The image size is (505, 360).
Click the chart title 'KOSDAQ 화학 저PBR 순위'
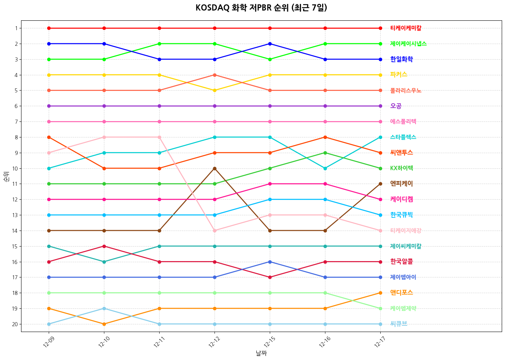[261, 8]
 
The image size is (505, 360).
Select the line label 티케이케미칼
[406, 28]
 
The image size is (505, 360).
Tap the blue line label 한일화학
[401, 59]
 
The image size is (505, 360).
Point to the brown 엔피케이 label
[401, 184]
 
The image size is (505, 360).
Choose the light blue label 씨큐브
[399, 324]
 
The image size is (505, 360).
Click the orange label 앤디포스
[401, 293]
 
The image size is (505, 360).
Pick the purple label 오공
[396, 106]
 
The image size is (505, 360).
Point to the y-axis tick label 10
[15, 168]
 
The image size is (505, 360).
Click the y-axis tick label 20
[15, 324]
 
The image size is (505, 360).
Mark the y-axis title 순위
[6, 176]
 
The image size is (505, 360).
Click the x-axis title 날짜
[261, 353]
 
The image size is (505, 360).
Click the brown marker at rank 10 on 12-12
[215, 168]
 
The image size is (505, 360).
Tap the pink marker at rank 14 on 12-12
[215, 231]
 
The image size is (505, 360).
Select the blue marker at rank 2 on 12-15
[270, 44]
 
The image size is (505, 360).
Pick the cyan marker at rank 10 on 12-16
[325, 168]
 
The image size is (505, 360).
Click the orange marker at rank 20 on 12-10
[104, 324]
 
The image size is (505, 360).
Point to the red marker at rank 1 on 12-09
[49, 28]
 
